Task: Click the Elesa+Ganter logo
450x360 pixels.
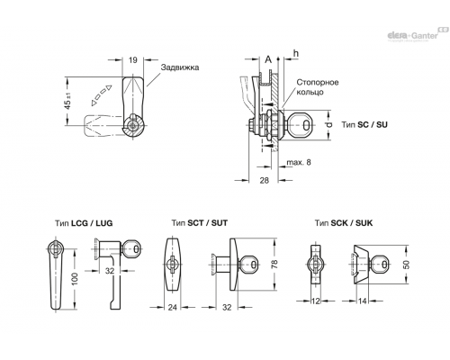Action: point(418,34)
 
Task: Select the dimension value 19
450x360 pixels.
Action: point(133,60)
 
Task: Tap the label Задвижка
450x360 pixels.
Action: point(180,67)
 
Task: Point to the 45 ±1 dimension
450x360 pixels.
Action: point(68,101)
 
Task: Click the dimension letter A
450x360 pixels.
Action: point(268,59)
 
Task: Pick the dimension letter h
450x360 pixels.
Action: point(296,53)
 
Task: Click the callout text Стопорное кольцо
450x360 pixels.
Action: point(318,87)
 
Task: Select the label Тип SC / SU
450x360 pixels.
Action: point(364,124)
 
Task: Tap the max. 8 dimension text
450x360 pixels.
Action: point(299,162)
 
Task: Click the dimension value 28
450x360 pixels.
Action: point(264,180)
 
